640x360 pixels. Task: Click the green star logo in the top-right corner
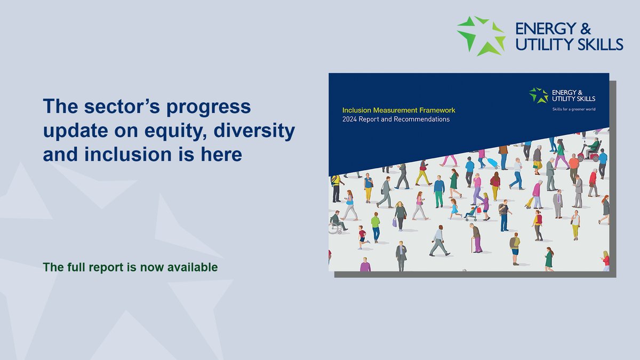[x=481, y=35]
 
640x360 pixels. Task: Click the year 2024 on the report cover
[x=351, y=119]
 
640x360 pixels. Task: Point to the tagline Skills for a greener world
[x=573, y=109]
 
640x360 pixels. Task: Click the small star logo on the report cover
[x=539, y=95]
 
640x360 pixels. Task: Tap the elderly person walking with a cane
[x=476, y=237]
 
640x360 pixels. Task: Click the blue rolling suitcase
[x=491, y=163]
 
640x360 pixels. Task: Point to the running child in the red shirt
[x=363, y=236]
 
